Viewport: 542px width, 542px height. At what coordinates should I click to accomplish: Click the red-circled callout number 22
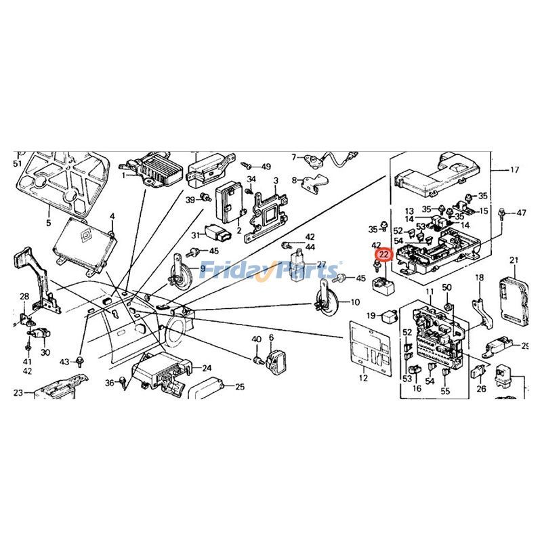click(x=384, y=255)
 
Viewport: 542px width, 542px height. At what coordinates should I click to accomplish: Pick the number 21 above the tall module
click(x=514, y=260)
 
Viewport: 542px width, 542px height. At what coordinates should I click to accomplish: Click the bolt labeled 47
click(x=502, y=213)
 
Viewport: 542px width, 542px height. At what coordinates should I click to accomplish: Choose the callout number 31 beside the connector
click(x=195, y=235)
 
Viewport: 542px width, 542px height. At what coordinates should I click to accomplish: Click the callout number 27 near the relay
click(x=321, y=264)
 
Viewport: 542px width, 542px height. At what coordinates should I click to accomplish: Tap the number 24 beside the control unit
click(x=207, y=369)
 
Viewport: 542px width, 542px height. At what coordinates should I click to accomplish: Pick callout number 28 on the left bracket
click(x=24, y=296)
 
